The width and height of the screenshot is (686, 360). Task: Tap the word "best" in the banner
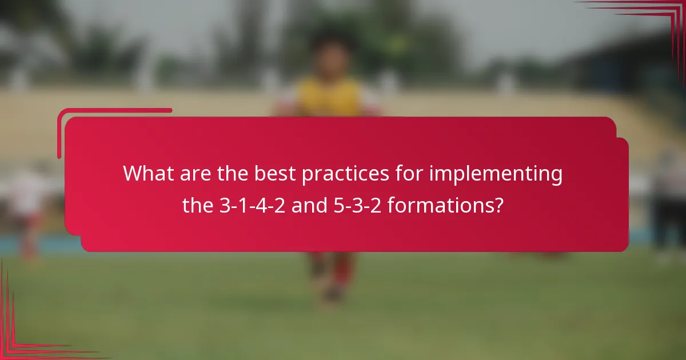tap(276, 174)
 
